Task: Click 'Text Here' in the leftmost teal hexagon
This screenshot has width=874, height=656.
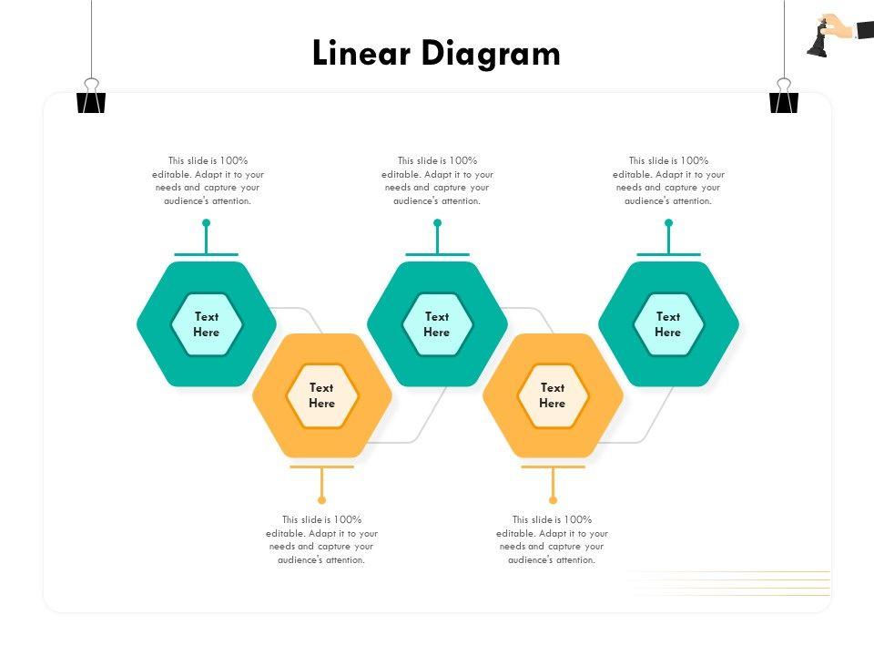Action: coord(207,324)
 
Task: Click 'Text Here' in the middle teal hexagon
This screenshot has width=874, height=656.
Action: coord(437,324)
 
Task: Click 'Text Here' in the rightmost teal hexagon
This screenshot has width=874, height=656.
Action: coord(668,324)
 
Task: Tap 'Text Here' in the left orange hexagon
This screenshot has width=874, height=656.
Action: coord(321,395)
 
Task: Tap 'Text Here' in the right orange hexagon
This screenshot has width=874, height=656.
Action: coord(553,395)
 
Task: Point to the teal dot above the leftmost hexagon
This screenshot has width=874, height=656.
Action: coord(207,222)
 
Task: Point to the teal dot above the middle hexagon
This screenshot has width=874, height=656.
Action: coord(437,222)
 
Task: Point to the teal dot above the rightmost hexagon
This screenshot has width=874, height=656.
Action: coord(668,222)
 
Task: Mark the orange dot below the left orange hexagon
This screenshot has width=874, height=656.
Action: coord(321,499)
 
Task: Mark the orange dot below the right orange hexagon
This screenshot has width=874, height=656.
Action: coord(553,499)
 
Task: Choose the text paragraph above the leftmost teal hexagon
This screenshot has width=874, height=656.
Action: coord(208,180)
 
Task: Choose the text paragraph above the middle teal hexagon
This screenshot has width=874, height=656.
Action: coord(437,180)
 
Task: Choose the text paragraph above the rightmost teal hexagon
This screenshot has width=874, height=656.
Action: coord(668,180)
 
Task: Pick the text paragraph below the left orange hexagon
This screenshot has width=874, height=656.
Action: coord(321,539)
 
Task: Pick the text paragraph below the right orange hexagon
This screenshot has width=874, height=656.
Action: coord(552,539)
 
